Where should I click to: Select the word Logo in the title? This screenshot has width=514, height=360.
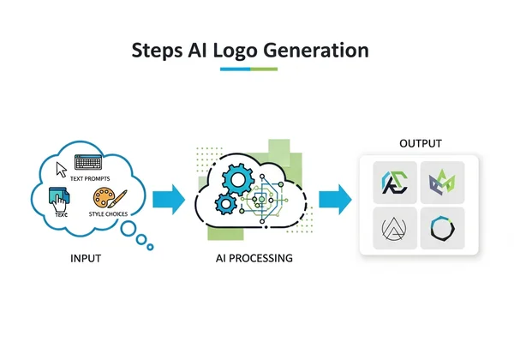coord(242,51)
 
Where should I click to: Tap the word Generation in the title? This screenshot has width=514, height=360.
coord(322,51)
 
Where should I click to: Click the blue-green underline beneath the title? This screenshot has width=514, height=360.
coord(248,69)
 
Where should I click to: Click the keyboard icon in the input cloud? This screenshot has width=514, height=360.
coord(88,162)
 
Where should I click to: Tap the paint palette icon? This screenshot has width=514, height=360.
coord(105,201)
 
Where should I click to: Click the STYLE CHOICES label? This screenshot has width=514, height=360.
coord(109,214)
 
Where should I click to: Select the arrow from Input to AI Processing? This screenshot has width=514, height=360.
coord(169,201)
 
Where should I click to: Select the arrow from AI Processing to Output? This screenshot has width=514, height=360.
coord(336,201)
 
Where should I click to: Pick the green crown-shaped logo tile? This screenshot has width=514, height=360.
coord(443,180)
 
